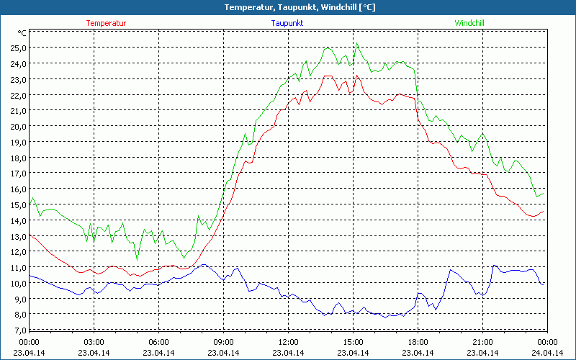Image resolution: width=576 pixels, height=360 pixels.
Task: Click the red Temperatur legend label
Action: tap(106, 23)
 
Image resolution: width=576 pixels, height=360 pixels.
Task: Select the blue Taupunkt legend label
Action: tap(287, 23)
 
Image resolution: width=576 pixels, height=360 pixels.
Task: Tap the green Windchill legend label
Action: tap(469, 23)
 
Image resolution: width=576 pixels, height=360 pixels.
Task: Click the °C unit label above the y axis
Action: tap(22, 33)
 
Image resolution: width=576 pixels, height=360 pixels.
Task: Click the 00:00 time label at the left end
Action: tap(29, 342)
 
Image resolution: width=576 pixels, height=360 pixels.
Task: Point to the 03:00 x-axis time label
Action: tap(94, 342)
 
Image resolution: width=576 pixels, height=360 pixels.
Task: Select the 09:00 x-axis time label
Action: tap(223, 342)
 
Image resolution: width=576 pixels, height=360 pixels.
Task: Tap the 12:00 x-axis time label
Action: tap(288, 342)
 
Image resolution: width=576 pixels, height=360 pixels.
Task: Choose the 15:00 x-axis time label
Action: tap(353, 342)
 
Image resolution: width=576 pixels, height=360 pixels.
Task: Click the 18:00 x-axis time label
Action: tap(418, 342)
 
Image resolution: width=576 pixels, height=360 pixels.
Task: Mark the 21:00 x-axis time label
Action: tap(482, 342)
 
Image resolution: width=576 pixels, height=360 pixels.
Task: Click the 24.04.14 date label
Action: tap(547, 353)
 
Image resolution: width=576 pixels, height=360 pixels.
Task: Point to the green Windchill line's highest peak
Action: tap(356, 42)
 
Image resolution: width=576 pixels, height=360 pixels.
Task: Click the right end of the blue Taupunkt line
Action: tap(544, 284)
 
